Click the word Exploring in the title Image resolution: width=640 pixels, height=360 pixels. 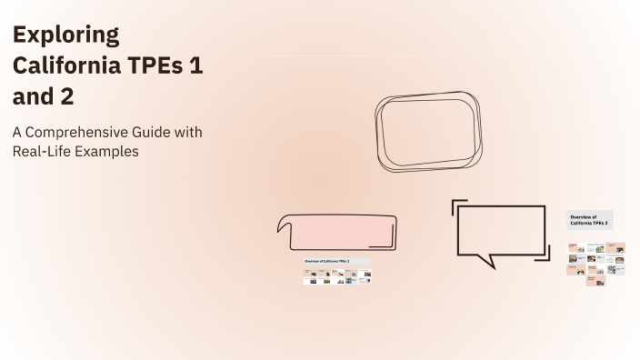[65, 35]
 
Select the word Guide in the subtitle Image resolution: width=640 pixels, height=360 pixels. [168, 133]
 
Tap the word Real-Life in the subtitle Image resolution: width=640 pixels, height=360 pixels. [42, 152]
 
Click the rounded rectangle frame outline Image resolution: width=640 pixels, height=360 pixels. [428, 132]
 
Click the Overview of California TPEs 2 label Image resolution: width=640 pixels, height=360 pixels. [589, 220]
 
